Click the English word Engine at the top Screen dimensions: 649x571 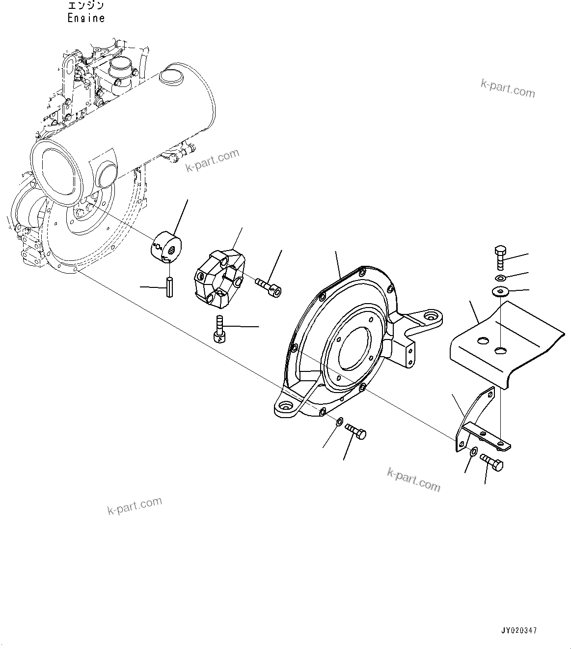tap(86, 18)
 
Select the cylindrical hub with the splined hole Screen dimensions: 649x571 tap(165, 245)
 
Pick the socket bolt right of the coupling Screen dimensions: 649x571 tap(268, 287)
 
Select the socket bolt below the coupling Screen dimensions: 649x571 tap(218, 329)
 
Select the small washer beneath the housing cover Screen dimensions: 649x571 tap(339, 422)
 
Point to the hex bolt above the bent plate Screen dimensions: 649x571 tap(499, 256)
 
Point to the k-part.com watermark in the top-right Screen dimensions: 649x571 tap(508, 89)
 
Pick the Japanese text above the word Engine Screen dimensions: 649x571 tap(86, 6)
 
